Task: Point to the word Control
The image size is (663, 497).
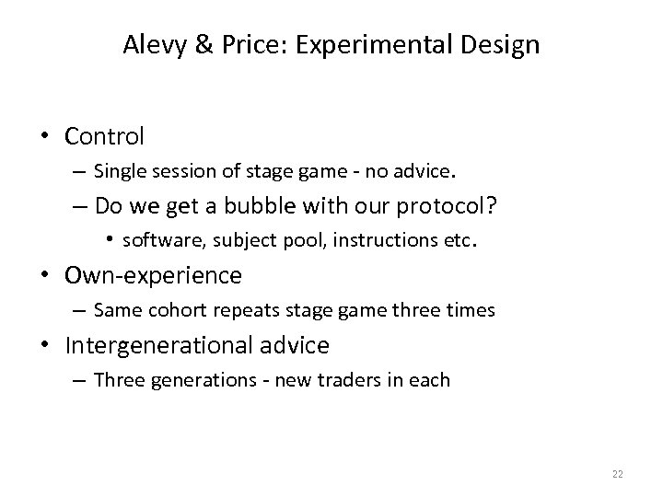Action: click(105, 137)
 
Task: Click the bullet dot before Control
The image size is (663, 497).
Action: click(46, 137)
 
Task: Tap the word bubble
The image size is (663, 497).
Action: click(260, 208)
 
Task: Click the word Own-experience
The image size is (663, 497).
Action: click(154, 275)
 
